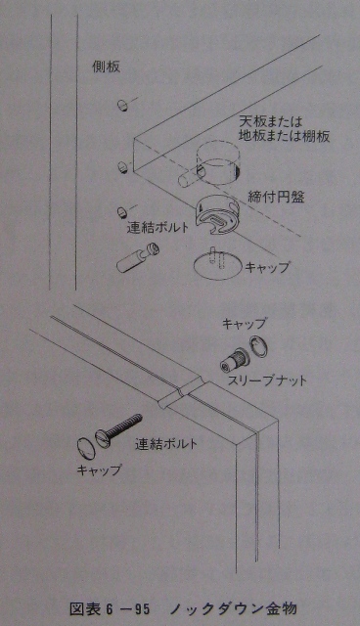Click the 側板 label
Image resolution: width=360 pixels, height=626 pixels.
tap(106, 67)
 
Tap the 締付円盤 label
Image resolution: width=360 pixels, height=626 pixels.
tap(276, 198)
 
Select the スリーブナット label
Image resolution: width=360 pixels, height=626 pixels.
tap(267, 380)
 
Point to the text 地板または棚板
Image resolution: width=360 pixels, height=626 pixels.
tap(284, 137)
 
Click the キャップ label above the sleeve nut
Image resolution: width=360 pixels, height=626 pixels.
tap(244, 324)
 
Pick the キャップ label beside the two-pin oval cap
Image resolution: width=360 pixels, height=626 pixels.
tap(267, 267)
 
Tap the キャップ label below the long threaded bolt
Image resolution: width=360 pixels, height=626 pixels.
tap(98, 469)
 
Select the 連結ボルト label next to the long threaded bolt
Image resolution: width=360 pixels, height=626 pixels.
tap(166, 444)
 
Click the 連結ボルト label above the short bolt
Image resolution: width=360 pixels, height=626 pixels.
tap(157, 228)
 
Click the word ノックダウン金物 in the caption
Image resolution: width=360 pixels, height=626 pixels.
tap(234, 609)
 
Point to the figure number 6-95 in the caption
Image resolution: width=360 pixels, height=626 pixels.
tap(128, 609)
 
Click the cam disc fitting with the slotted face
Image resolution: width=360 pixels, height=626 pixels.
tap(217, 216)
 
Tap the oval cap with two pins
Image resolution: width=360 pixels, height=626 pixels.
tap(216, 267)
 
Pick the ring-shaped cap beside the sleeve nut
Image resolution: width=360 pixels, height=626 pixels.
tap(259, 345)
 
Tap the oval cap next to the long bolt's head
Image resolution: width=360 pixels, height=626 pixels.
tap(85, 448)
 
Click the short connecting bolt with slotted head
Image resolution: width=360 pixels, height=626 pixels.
tap(138, 258)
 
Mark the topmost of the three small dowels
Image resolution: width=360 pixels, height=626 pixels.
tap(123, 106)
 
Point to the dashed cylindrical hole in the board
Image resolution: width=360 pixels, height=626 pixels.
tap(218, 162)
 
